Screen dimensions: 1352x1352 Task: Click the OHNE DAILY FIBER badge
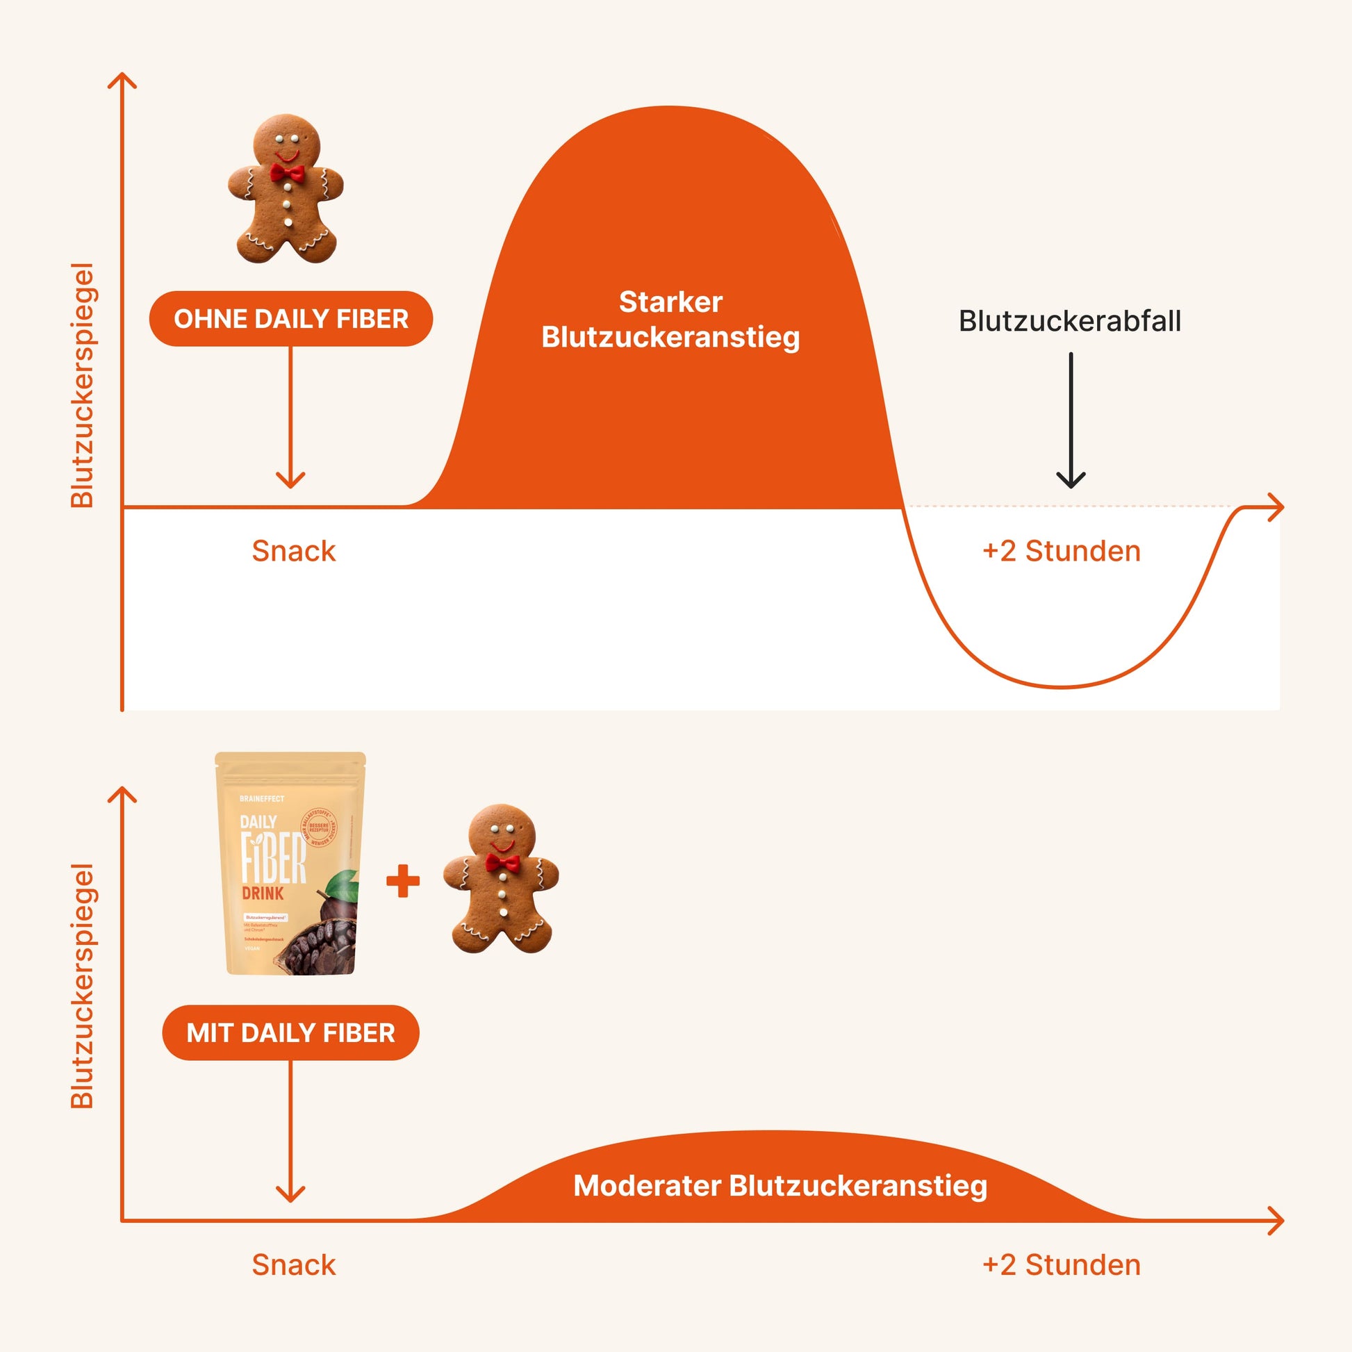[290, 319]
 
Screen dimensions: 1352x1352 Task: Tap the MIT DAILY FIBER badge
[290, 1033]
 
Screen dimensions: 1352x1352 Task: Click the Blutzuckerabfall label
[1069, 321]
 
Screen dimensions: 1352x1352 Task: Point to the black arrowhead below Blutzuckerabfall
[1070, 480]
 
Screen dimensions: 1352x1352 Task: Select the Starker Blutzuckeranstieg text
[670, 320]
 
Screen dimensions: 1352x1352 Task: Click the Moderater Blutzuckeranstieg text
[780, 1185]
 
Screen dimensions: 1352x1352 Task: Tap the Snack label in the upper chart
[294, 552]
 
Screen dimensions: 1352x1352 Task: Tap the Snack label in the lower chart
[294, 1265]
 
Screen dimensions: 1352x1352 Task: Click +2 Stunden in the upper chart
[1061, 552]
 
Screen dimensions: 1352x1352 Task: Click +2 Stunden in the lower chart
[1061, 1265]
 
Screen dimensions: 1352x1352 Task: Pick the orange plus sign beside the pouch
[403, 881]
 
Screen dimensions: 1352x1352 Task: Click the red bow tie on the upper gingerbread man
[287, 173]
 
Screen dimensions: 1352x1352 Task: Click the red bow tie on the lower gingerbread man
[502, 863]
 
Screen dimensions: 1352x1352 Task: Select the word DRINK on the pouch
[263, 893]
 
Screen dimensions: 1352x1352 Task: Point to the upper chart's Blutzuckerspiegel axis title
[83, 385]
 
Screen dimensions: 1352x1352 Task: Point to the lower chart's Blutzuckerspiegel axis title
[83, 986]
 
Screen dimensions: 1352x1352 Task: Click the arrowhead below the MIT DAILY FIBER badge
[290, 1194]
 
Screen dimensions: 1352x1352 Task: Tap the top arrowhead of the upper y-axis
[122, 79]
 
